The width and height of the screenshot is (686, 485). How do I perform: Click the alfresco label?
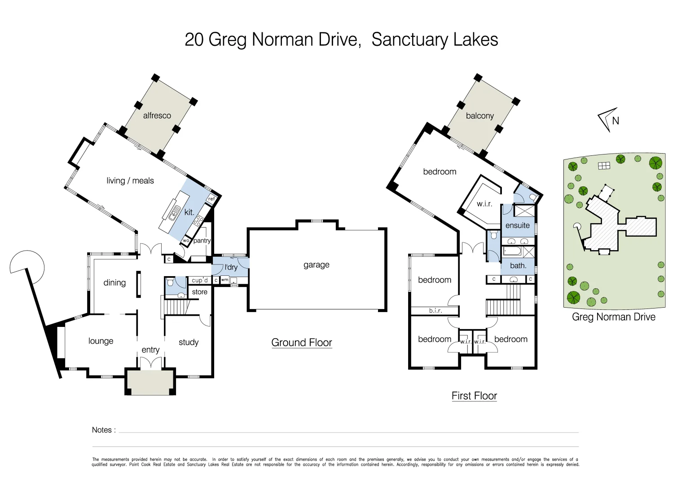tap(157, 115)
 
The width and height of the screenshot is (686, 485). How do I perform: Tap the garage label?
tap(316, 265)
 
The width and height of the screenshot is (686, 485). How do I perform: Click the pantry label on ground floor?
tap(202, 241)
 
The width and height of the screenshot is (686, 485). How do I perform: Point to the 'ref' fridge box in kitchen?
tap(211, 199)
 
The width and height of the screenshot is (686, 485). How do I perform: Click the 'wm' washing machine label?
tap(224, 280)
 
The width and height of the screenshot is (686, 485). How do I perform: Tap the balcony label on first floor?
tap(479, 115)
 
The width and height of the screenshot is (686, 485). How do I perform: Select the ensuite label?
tap(517, 225)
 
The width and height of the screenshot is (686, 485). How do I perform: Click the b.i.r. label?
tap(435, 310)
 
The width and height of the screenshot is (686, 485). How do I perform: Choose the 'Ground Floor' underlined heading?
tap(301, 342)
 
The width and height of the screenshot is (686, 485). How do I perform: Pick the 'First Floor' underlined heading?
tap(474, 396)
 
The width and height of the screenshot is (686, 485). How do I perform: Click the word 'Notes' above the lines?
tap(101, 430)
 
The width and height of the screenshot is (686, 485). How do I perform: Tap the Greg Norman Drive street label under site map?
tap(613, 317)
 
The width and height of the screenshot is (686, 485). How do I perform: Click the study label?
tap(188, 342)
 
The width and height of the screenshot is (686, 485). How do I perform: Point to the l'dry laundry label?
tap(231, 267)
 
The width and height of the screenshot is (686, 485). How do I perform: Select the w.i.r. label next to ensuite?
tap(484, 204)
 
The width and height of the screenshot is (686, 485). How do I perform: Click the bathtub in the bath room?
tap(512, 251)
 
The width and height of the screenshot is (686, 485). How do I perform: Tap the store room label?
tap(199, 292)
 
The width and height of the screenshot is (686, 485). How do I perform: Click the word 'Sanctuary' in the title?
tap(409, 40)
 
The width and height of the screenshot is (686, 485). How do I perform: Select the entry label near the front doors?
tap(150, 350)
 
